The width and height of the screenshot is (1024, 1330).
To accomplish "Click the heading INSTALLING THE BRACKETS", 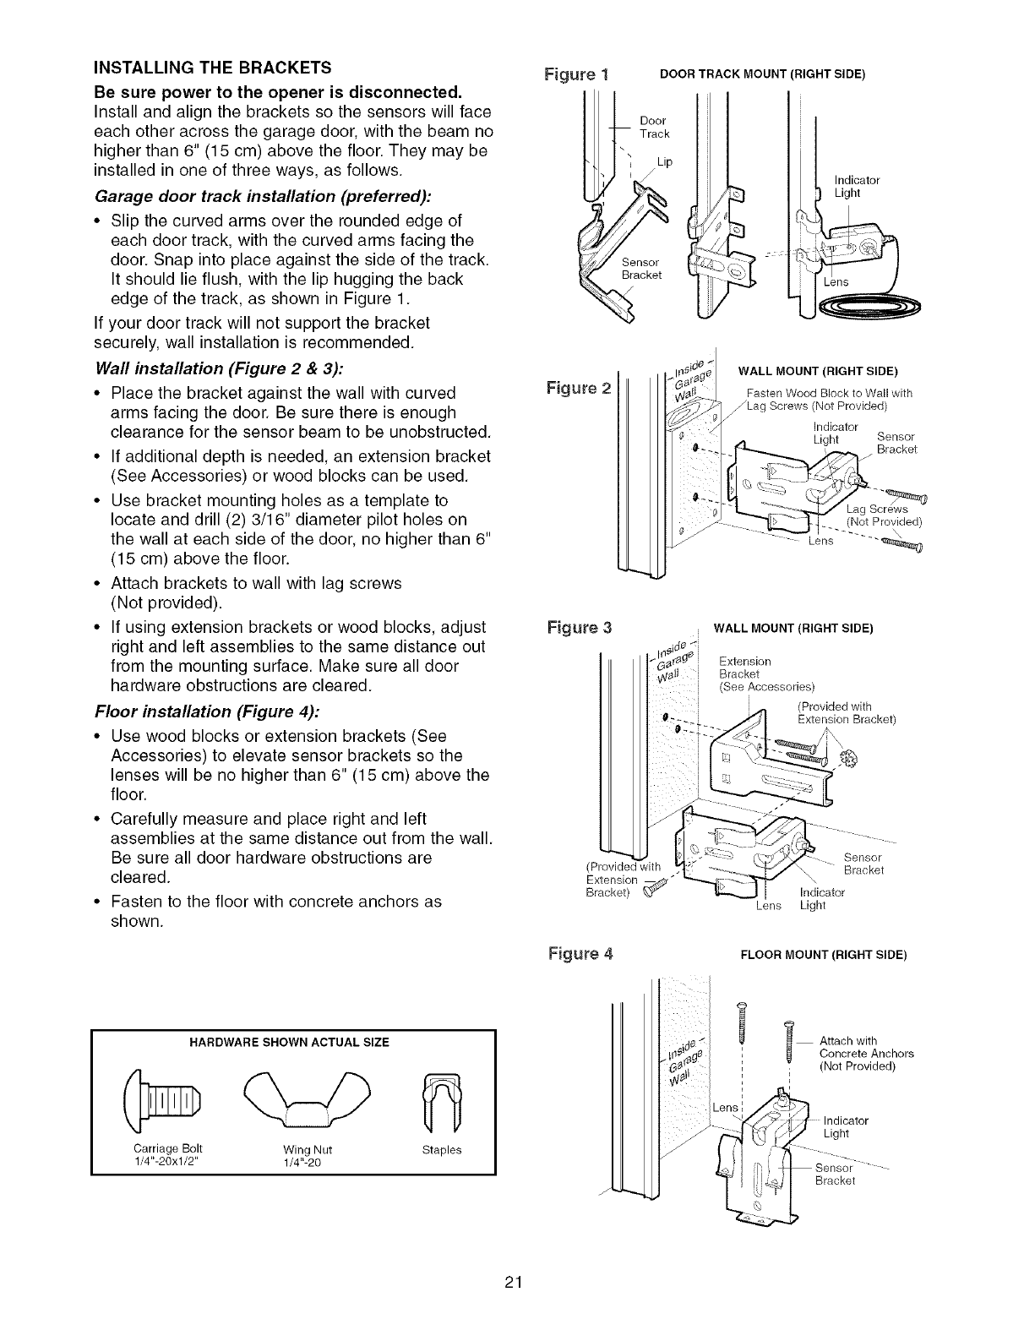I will pyautogui.click(x=212, y=68).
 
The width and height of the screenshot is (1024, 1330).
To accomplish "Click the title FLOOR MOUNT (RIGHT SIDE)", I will pyautogui.click(x=823, y=955).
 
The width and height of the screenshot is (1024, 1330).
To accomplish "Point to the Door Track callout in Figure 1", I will pyautogui.click(x=654, y=128).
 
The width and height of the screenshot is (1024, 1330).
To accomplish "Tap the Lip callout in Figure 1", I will pyautogui.click(x=664, y=162).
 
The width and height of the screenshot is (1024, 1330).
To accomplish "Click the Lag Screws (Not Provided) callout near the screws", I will pyautogui.click(x=883, y=515).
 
